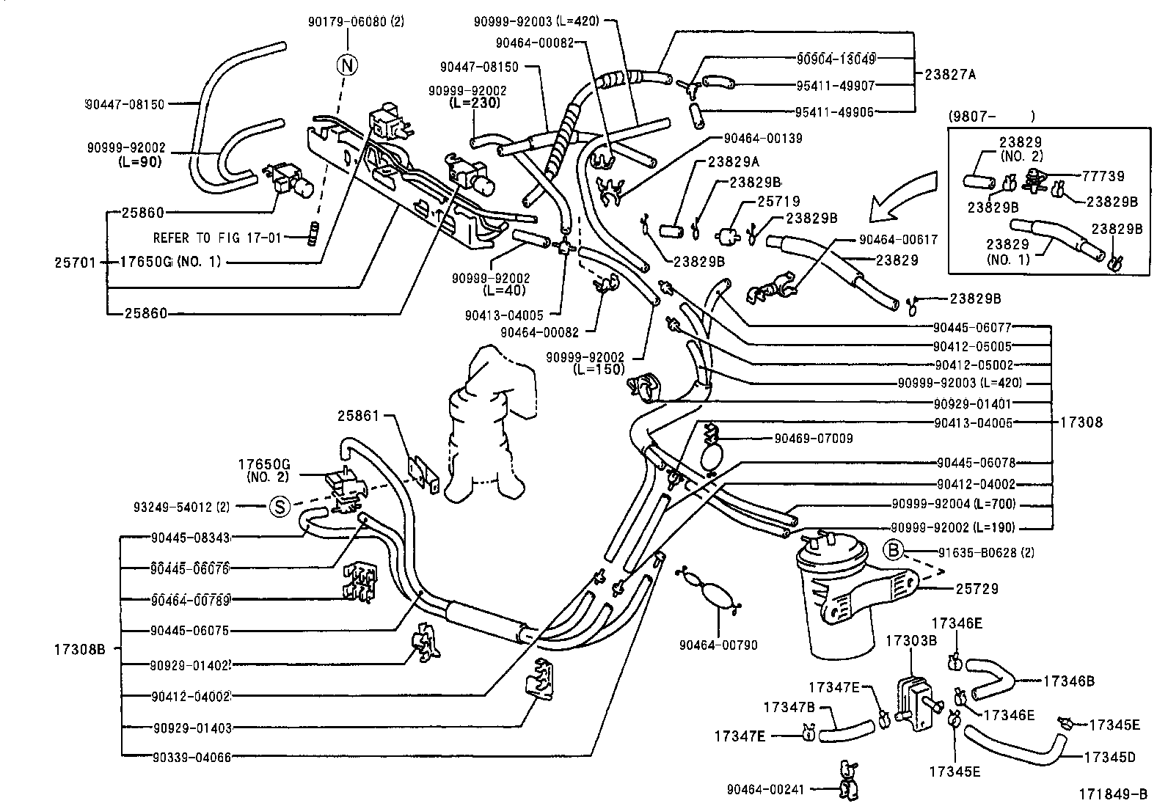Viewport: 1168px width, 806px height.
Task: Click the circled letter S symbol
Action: tap(279, 506)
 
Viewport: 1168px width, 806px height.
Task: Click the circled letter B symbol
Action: tap(892, 549)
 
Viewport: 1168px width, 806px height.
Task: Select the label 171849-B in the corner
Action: tap(1112, 794)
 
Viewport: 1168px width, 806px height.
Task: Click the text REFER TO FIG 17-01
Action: tap(217, 238)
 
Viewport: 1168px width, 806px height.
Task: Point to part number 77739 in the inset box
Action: tap(1103, 176)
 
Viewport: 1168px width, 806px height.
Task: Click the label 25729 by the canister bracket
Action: tap(977, 589)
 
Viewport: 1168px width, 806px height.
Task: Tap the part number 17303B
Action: tap(911, 640)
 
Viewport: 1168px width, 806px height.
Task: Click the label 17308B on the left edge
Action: tap(79, 649)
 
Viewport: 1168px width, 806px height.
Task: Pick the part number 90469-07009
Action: tap(814, 439)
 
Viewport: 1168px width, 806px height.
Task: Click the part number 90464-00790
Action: tap(718, 645)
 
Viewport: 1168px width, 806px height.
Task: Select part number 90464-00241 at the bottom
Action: tap(765, 789)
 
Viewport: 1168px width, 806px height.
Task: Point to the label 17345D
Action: tap(1109, 757)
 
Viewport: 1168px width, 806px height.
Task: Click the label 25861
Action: tap(358, 416)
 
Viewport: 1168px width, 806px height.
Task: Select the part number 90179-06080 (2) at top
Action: tap(355, 22)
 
